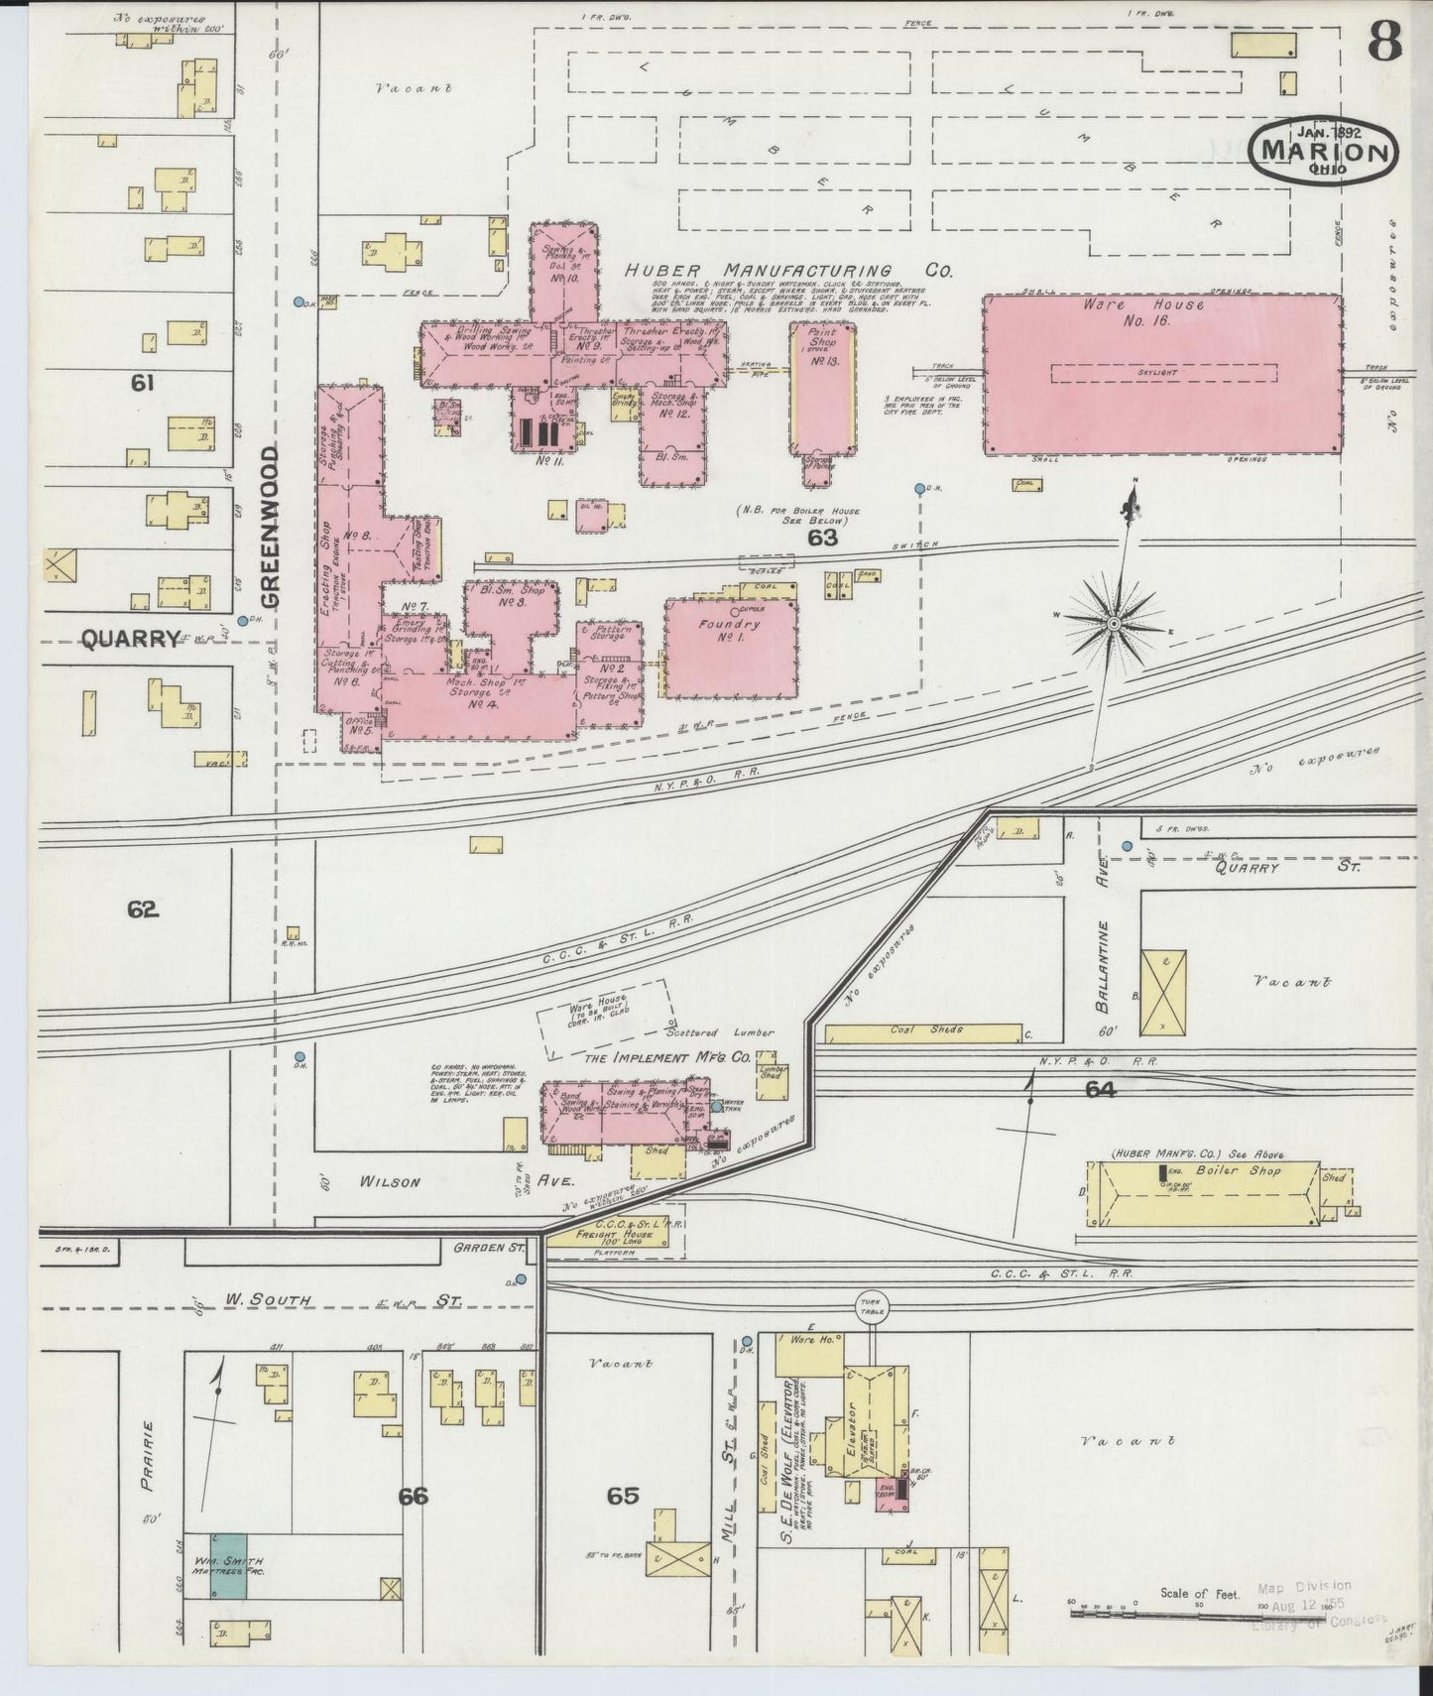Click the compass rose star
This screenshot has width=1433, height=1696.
pyautogui.click(x=1113, y=623)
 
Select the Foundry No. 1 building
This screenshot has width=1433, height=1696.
pyautogui.click(x=731, y=648)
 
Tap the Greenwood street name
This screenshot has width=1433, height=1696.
pyautogui.click(x=271, y=526)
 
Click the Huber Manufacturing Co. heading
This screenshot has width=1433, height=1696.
pyautogui.click(x=789, y=271)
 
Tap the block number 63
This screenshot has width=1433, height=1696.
pyautogui.click(x=822, y=539)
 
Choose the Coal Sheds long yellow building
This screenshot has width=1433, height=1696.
pyautogui.click(x=923, y=1032)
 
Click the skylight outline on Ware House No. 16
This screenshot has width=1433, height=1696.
pyautogui.click(x=1162, y=373)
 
